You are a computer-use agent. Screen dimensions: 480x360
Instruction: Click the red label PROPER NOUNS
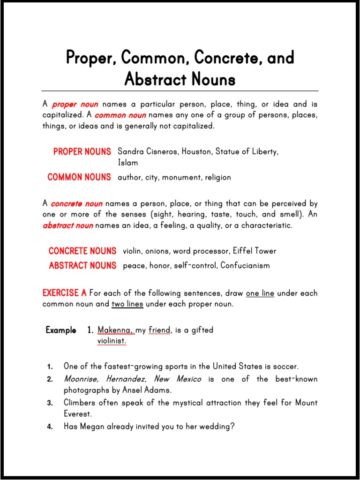click(x=82, y=152)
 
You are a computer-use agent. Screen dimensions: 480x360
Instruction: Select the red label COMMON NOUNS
click(x=79, y=177)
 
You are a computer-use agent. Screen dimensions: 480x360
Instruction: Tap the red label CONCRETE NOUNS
click(x=82, y=251)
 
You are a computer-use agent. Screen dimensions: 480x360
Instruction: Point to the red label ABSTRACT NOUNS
click(x=82, y=265)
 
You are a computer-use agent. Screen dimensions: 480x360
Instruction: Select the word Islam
click(x=128, y=163)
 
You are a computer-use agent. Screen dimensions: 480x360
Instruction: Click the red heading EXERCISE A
click(x=65, y=293)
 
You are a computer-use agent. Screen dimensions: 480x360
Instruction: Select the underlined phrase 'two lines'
click(x=127, y=304)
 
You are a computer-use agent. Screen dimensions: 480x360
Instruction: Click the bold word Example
click(x=61, y=330)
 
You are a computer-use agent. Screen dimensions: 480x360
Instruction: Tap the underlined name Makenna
click(x=115, y=330)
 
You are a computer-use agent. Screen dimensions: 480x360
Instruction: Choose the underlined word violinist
click(x=112, y=341)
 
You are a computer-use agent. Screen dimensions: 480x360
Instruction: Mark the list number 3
click(x=50, y=403)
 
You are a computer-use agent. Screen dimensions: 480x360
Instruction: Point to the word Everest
click(x=78, y=414)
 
